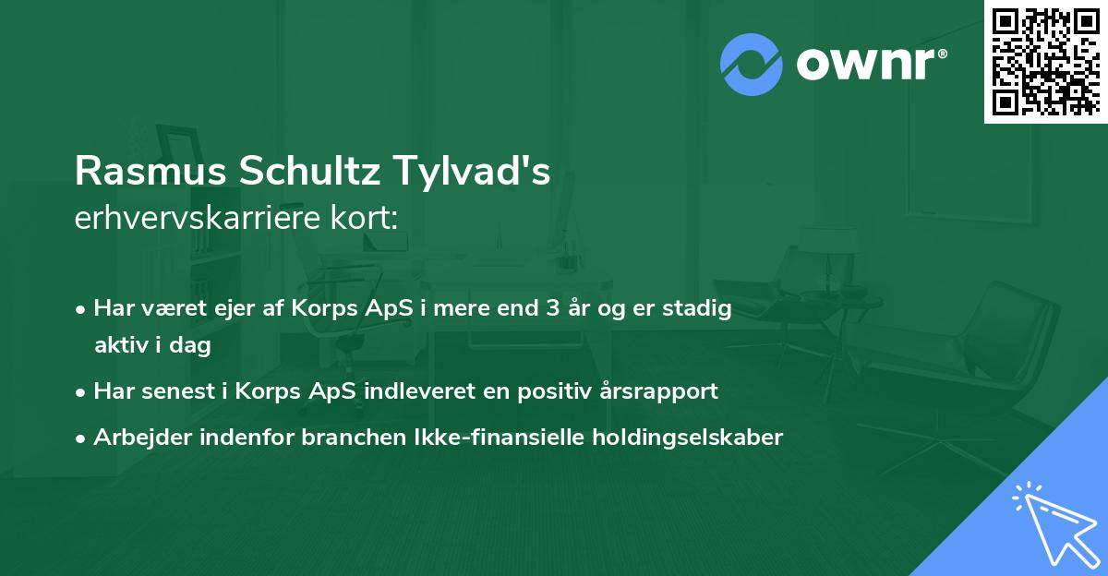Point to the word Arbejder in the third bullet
[x=135, y=438]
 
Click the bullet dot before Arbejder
[x=82, y=438]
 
